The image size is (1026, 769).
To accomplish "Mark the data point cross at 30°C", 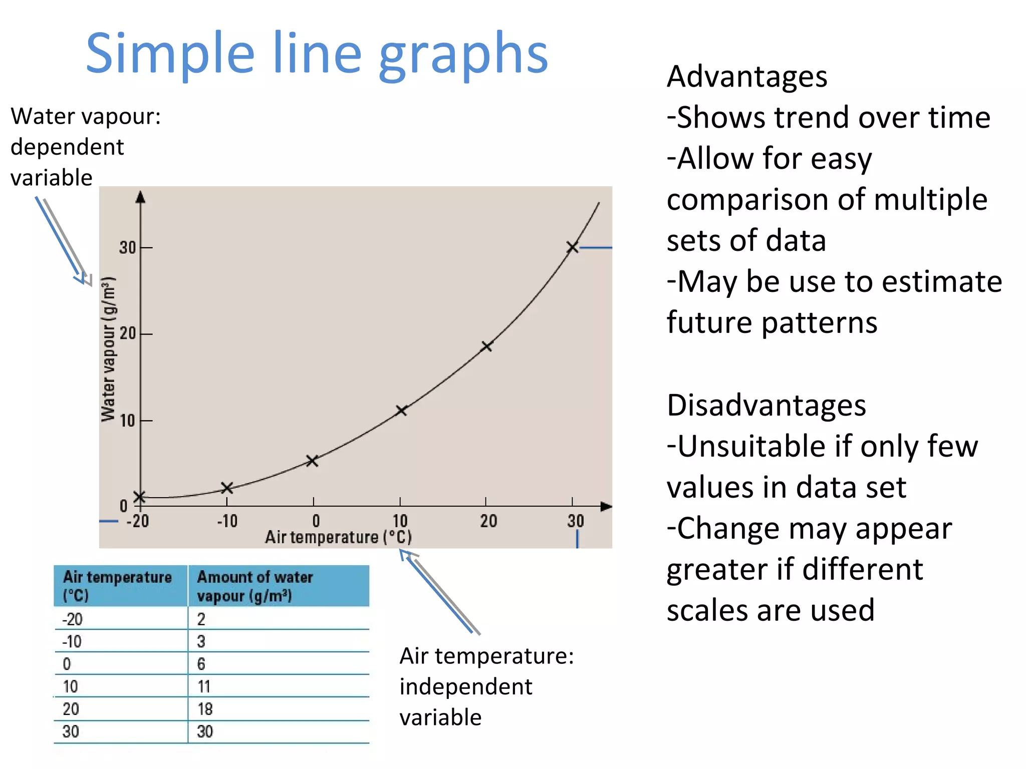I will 572,247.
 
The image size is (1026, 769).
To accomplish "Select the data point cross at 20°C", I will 486,346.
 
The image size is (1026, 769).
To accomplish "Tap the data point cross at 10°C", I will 401,411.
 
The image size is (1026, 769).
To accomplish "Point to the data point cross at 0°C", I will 312,461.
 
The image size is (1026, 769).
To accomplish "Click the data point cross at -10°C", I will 226,488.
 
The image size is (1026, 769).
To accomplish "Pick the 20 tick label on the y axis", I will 128,333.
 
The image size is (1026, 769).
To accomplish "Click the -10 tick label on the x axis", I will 227,522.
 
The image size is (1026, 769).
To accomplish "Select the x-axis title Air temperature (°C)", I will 338,537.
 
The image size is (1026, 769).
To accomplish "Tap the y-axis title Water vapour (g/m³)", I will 108,349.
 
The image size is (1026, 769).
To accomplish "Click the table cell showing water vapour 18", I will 205,709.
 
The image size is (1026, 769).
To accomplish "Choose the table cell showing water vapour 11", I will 204,686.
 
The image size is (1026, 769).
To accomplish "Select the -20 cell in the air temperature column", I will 72,619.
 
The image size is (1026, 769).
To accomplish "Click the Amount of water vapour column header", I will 254,586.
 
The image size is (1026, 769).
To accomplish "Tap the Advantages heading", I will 746,77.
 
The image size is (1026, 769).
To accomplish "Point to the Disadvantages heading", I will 766,405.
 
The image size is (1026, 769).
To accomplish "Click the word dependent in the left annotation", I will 67,147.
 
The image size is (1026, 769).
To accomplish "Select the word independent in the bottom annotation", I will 465,687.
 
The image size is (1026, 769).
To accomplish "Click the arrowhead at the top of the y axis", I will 141,197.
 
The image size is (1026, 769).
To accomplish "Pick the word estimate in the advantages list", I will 941,281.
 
